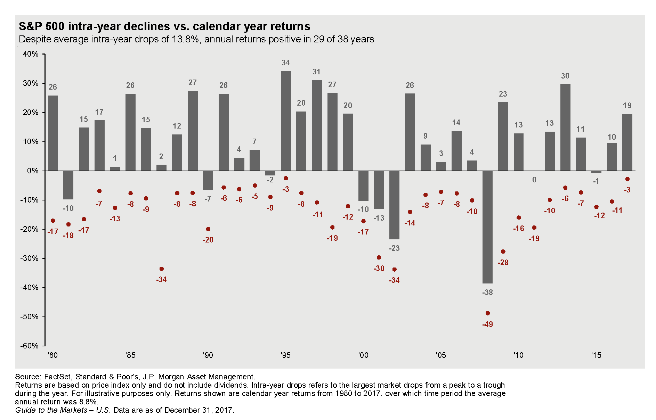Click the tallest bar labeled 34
pyautogui.click(x=286, y=121)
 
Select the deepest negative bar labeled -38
pyautogui.click(x=487, y=227)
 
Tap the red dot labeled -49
pyautogui.click(x=487, y=313)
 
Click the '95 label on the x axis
pyautogui.click(x=285, y=355)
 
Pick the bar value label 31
pyautogui.click(x=316, y=72)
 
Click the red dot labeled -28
pyautogui.click(x=503, y=252)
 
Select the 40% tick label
pyautogui.click(x=31, y=54)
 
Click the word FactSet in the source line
pyautogui.click(x=57, y=377)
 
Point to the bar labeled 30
pyautogui.click(x=565, y=127)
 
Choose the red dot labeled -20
pyautogui.click(x=208, y=229)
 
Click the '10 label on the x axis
pyautogui.click(x=518, y=355)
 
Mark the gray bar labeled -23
pyautogui.click(x=394, y=205)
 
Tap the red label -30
pyautogui.click(x=379, y=268)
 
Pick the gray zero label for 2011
pyautogui.click(x=534, y=180)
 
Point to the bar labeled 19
pyautogui.click(x=627, y=142)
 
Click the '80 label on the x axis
pyautogui.click(x=53, y=355)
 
